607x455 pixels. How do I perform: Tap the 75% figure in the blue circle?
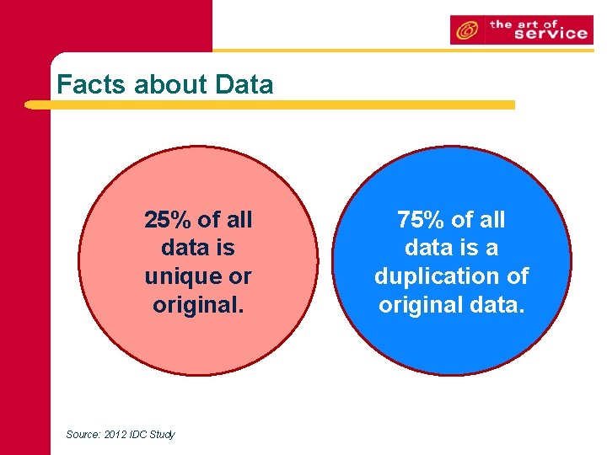coord(422,221)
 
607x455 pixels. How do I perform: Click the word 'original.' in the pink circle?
coord(198,304)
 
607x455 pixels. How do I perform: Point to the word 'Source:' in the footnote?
coord(83,435)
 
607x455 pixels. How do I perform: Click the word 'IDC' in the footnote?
coord(139,435)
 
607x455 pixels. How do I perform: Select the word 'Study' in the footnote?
coord(164,435)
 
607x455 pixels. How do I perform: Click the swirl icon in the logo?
coord(465,31)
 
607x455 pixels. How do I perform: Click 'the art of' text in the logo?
coord(524,24)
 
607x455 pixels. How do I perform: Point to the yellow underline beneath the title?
coord(270,105)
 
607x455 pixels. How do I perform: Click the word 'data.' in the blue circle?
coord(497,304)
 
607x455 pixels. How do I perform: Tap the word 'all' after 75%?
coord(491,221)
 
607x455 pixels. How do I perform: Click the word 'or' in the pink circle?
coord(240,277)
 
